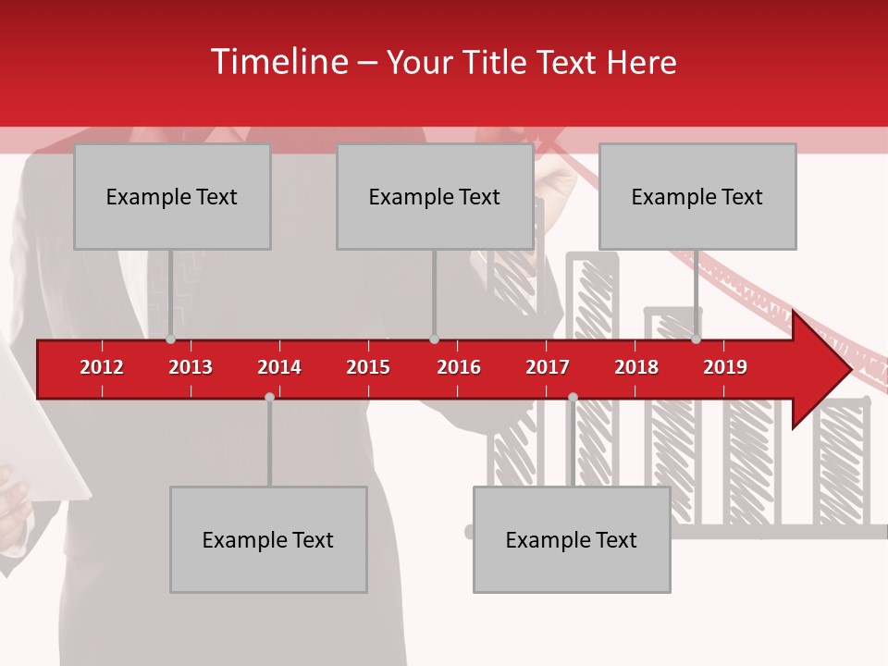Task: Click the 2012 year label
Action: [x=102, y=367]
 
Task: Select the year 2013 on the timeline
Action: [x=191, y=367]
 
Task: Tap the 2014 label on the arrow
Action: [x=279, y=367]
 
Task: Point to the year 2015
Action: [x=368, y=367]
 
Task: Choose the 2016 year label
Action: [x=459, y=367]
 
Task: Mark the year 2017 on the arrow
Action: [x=548, y=367]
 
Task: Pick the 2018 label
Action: [x=636, y=367]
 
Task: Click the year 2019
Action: [x=725, y=367]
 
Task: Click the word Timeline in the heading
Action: [x=278, y=62]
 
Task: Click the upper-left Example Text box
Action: [x=172, y=196]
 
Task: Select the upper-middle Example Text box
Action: [x=435, y=196]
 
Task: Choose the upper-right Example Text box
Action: [x=697, y=196]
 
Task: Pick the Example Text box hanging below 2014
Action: [x=268, y=539]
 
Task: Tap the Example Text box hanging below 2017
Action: [x=572, y=539]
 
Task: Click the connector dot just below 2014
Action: [x=269, y=397]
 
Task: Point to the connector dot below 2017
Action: [x=573, y=397]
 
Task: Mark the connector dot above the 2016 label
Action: [x=434, y=339]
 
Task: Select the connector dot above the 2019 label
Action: [x=696, y=339]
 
